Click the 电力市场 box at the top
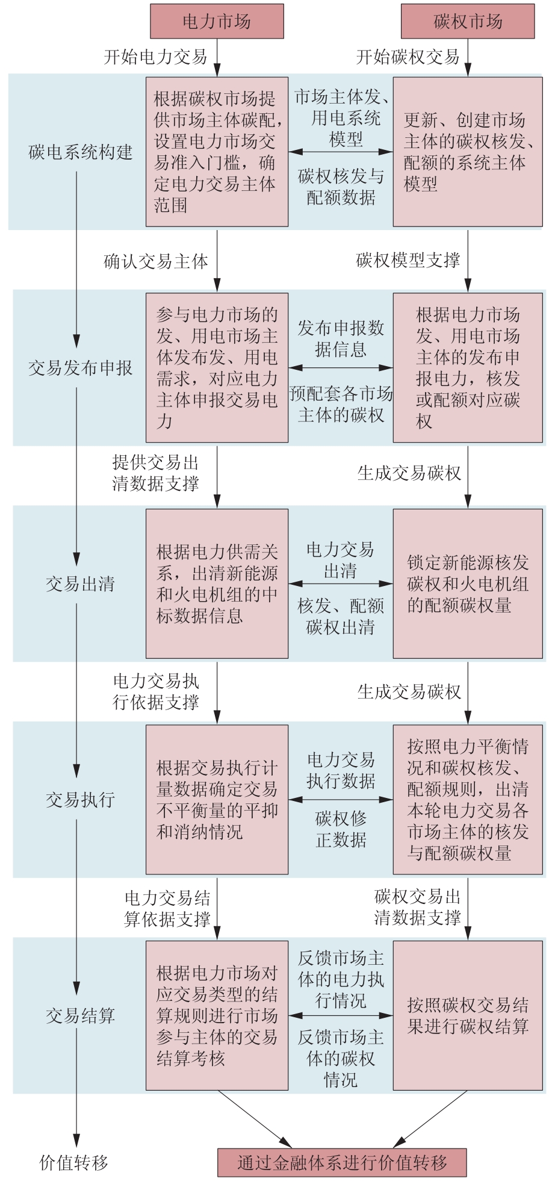coord(217,22)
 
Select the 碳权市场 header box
coord(468,22)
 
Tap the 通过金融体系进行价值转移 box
coord(342,1162)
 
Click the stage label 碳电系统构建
coord(80,152)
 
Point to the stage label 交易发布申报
coord(80,368)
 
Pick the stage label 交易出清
coord(80,584)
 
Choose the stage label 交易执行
coord(80,800)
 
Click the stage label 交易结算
coord(80,1016)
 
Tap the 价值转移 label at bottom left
coord(73,1162)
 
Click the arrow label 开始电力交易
coord(155,57)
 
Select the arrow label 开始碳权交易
coord(408,57)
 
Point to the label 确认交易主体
coord(155,261)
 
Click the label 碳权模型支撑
coord(408,260)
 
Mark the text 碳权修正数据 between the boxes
coord(341,829)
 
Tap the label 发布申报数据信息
coord(341,338)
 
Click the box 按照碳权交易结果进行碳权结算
coord(468,1015)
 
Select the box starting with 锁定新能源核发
coord(468,584)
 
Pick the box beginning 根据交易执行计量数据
coord(217,800)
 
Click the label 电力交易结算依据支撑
coord(167,909)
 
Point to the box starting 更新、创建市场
coord(468,152)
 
